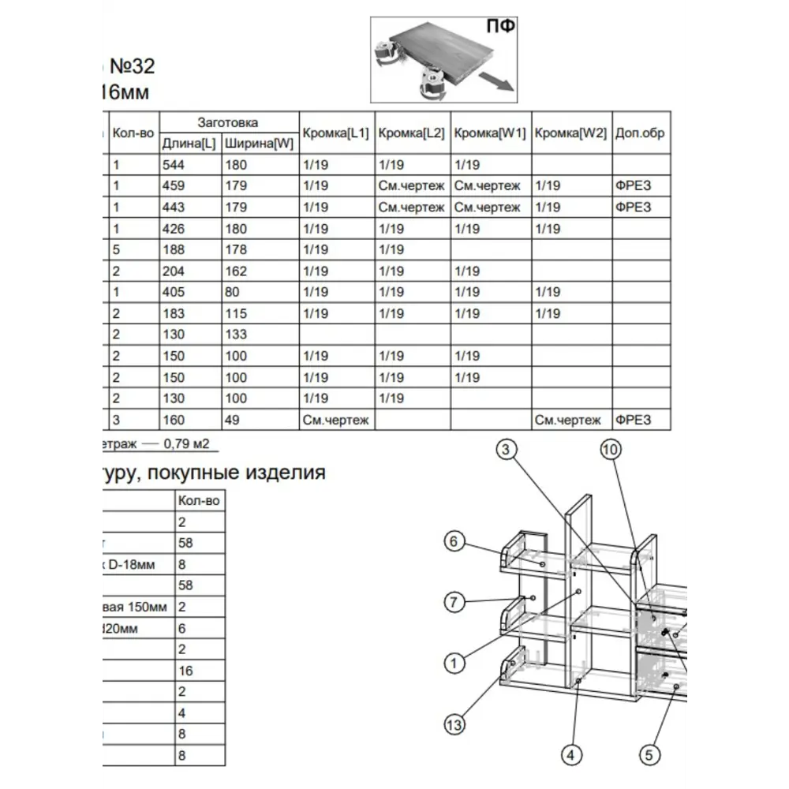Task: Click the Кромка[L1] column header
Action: click(x=335, y=133)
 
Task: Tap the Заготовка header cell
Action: click(x=227, y=122)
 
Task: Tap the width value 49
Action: click(x=232, y=420)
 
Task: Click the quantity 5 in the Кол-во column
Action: click(x=116, y=249)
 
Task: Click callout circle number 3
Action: click(x=507, y=451)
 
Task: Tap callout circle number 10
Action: click(x=610, y=451)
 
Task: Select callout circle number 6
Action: click(x=453, y=542)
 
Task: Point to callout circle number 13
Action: click(x=454, y=724)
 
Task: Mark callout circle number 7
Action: click(x=453, y=603)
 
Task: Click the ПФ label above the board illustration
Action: click(x=500, y=26)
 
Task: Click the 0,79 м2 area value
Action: click(x=186, y=443)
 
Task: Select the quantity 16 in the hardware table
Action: click(x=186, y=671)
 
